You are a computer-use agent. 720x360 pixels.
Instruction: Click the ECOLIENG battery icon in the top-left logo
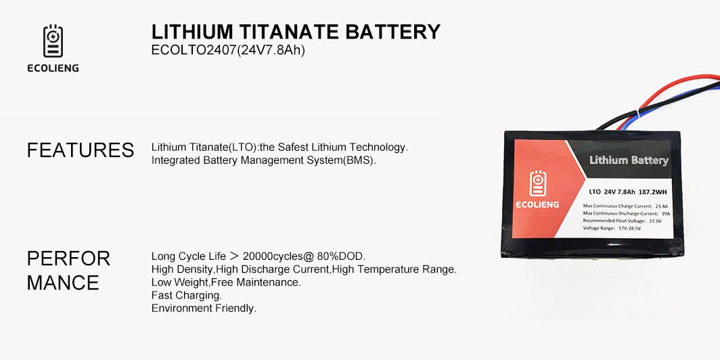[53, 41]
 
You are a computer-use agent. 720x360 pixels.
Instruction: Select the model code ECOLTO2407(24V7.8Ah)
[228, 50]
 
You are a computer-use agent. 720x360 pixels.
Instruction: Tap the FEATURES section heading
[81, 150]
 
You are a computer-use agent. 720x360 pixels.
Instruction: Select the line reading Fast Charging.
[187, 295]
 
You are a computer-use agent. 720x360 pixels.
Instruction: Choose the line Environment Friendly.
[204, 308]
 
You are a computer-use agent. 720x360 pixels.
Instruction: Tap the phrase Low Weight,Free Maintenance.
[227, 282]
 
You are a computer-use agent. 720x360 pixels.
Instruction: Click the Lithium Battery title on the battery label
[629, 160]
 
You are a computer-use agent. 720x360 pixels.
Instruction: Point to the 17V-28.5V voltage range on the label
[631, 228]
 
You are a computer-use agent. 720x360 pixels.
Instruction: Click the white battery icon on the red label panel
[537, 183]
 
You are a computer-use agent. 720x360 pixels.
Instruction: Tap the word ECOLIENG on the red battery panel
[537, 204]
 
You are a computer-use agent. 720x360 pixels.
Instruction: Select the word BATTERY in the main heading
[392, 32]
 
